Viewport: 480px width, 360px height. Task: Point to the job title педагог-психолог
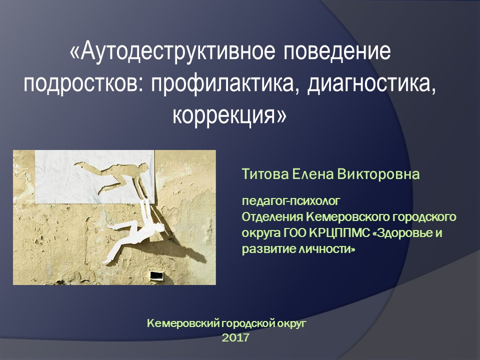[290, 202]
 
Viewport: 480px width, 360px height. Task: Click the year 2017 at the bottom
[235, 338]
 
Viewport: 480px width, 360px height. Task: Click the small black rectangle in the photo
[156, 275]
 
